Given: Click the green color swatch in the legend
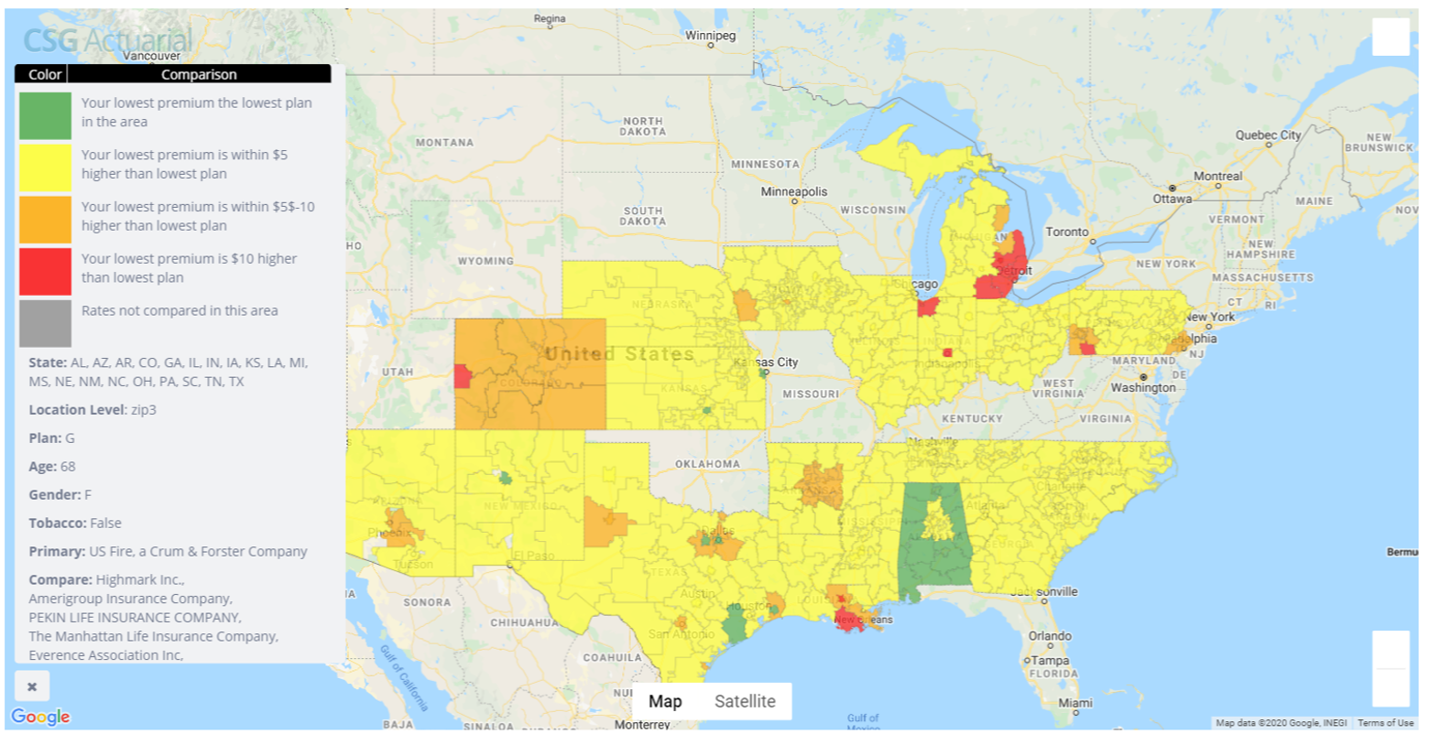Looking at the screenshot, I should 45,115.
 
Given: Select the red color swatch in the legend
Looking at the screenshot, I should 45,271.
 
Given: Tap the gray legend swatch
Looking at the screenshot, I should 45,322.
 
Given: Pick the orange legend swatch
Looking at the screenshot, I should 45,219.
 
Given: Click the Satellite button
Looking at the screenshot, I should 744,701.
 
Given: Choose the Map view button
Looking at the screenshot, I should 665,701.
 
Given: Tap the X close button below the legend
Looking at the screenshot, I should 32,686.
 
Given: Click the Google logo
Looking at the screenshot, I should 40,717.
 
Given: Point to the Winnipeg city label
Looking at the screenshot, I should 711,36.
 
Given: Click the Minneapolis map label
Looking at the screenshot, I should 793,191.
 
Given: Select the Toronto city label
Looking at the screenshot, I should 1067,232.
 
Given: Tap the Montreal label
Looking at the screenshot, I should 1217,176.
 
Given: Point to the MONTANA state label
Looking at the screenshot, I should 444,143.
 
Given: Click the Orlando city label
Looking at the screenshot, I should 1049,635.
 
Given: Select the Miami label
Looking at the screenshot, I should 1074,703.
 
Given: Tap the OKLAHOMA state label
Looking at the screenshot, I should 707,464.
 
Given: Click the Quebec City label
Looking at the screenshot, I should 1268,135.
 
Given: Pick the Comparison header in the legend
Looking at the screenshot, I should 199,75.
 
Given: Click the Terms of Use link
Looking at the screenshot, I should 1385,723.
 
